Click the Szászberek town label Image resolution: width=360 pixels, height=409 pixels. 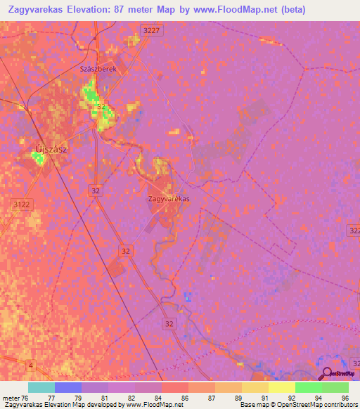[x=103, y=71]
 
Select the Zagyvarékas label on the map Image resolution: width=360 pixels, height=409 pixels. [x=169, y=199]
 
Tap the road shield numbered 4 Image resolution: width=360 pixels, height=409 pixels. [x=30, y=365]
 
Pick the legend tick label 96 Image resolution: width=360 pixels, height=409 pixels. [x=345, y=398]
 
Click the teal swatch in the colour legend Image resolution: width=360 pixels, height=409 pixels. [x=41, y=387]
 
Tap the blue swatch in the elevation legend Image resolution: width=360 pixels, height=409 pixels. [x=68, y=387]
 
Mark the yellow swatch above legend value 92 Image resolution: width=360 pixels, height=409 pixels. [x=282, y=387]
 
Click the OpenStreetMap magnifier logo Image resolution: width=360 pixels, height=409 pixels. [x=327, y=374]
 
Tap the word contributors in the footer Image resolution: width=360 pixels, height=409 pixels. [x=337, y=405]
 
